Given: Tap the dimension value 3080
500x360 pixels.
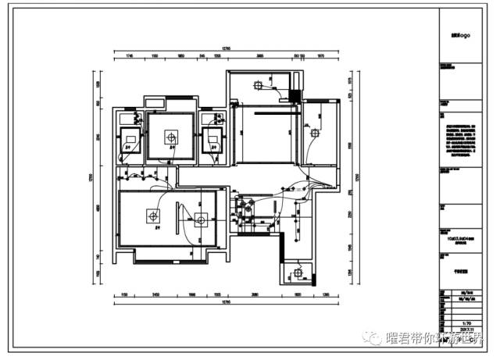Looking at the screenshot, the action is point(254,294).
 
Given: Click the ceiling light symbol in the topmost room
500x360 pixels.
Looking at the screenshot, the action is point(258,85).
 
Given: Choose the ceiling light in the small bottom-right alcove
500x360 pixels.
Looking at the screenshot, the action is point(298,273).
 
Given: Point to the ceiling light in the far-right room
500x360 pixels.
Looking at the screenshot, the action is point(316,133).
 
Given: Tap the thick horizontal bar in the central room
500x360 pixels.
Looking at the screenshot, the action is point(266,112).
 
